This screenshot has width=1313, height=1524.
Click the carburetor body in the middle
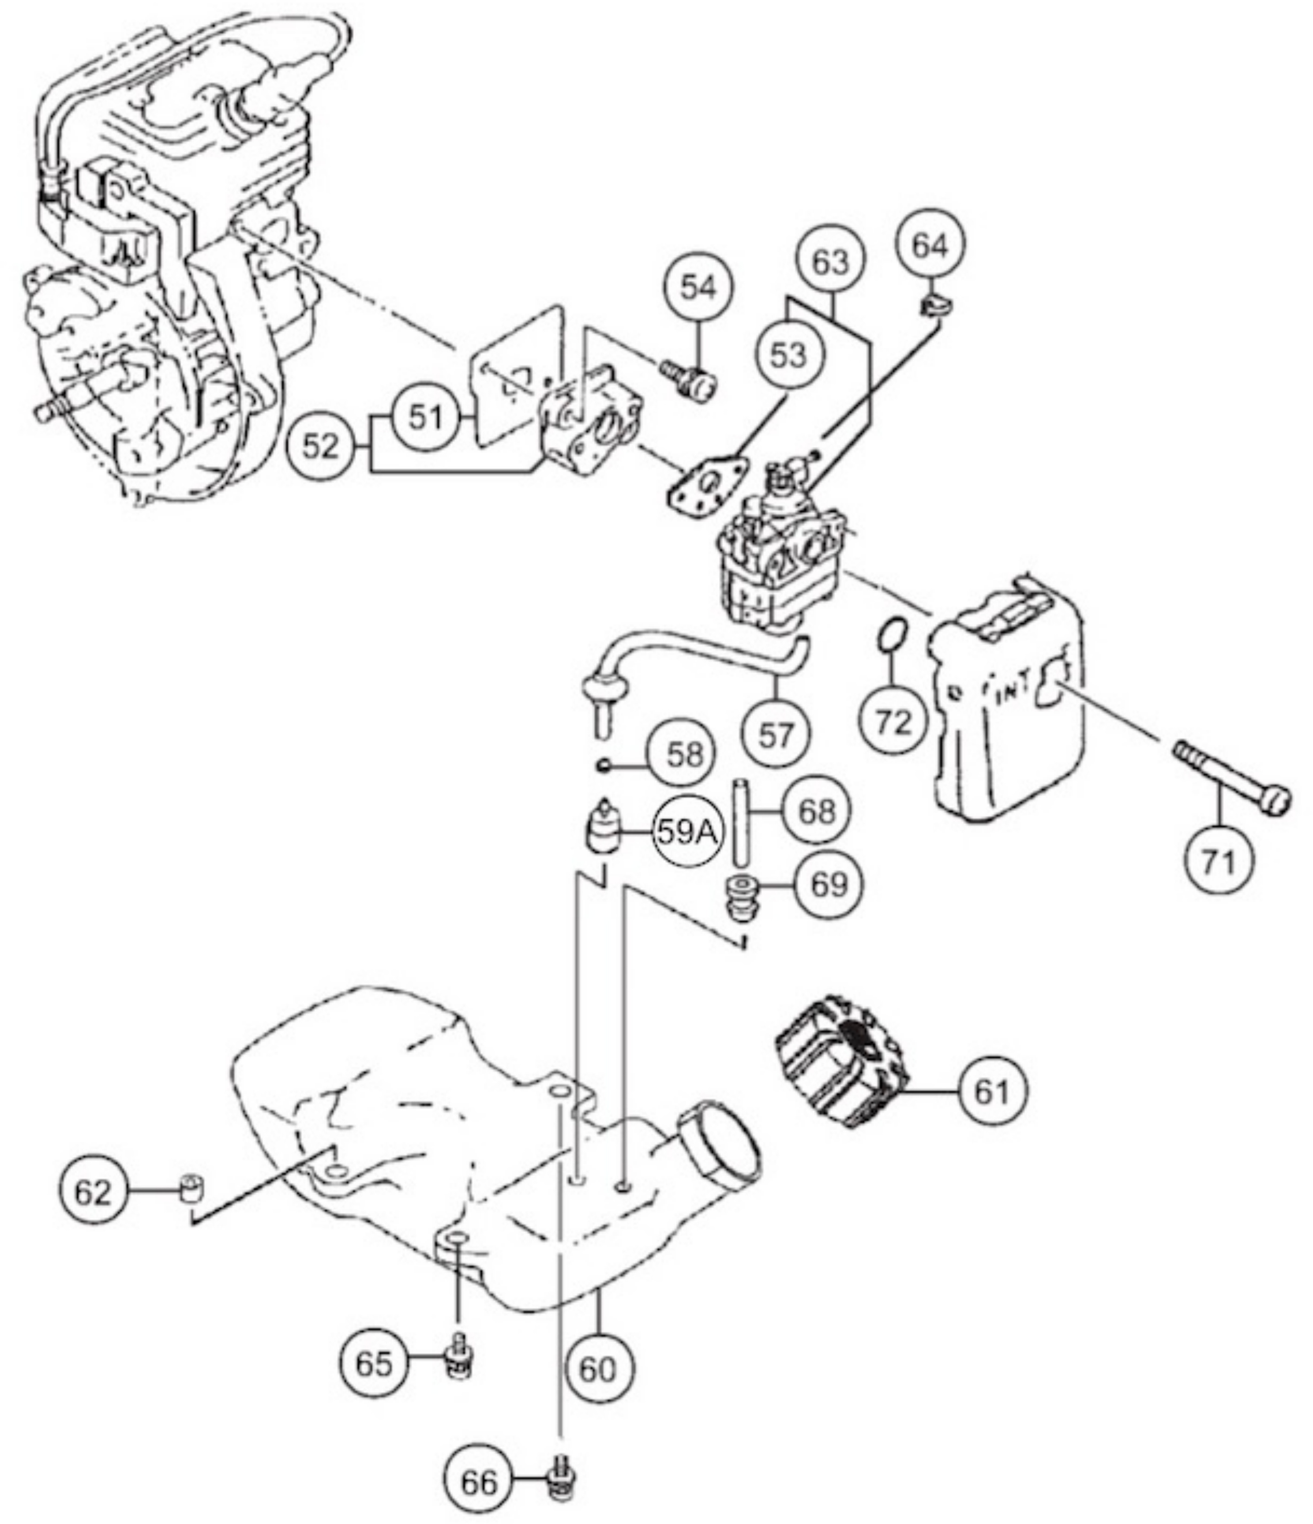(776, 559)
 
